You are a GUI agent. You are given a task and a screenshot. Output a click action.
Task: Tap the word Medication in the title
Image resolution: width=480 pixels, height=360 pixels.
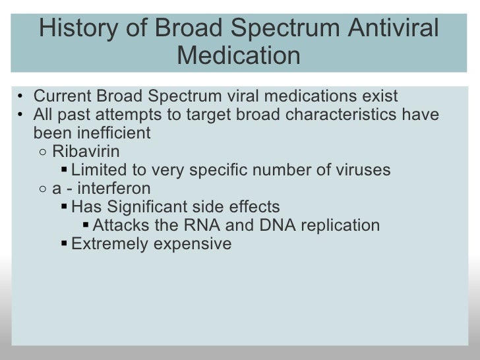239,56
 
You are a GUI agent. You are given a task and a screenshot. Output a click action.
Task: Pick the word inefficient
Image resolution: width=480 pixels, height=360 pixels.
92,133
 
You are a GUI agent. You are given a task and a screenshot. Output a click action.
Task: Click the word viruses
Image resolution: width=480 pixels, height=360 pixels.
361,169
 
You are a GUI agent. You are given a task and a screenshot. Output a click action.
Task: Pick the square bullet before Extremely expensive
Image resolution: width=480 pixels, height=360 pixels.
63,243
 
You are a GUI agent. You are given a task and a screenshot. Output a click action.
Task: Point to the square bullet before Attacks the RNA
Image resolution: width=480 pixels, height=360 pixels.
86,225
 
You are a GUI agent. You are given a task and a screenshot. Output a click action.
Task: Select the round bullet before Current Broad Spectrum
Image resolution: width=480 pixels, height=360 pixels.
22,96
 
